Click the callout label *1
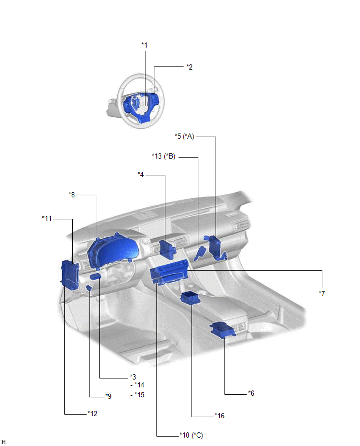[x=144, y=45]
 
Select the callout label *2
[x=189, y=67]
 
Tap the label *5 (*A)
[x=184, y=136]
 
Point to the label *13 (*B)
[x=163, y=156]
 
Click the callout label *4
[x=141, y=174]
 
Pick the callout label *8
[x=72, y=195]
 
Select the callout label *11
[x=47, y=218]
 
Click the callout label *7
[x=322, y=294]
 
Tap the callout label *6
[x=251, y=393]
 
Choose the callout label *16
[x=220, y=416]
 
